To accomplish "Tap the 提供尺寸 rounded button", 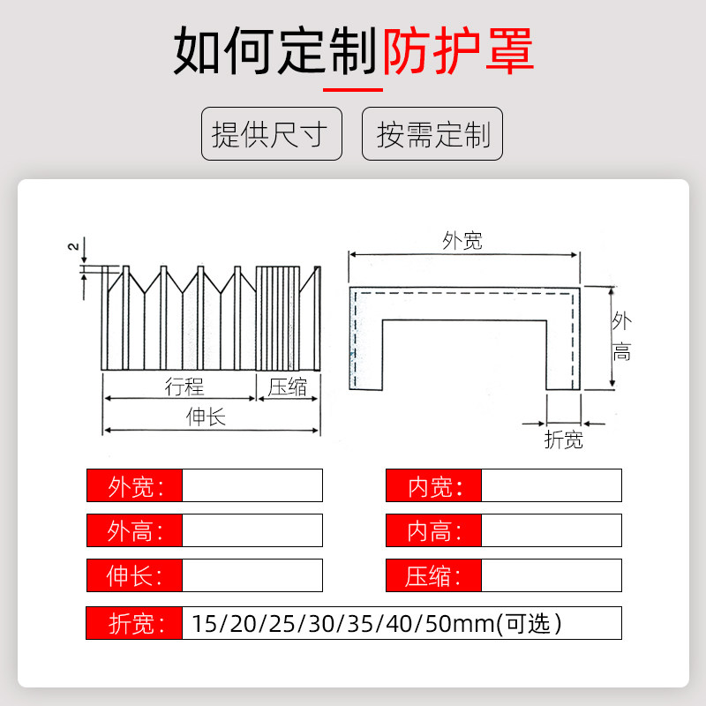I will click(271, 134).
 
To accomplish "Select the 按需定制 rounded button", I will click(432, 134).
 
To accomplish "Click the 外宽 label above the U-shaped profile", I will click(462, 240).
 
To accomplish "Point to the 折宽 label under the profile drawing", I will click(563, 439).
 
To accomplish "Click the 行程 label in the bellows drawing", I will click(184, 387).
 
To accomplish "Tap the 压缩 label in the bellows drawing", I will click(288, 387).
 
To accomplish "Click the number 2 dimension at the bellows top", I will click(73, 246).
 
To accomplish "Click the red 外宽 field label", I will click(134, 485).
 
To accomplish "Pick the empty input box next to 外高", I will click(252, 530).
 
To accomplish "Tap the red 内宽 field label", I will click(433, 485).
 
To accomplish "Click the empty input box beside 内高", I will click(552, 530).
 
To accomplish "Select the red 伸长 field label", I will click(134, 576).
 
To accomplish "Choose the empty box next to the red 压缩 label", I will click(552, 576).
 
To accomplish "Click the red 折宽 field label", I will click(134, 623).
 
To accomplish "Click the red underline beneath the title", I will click(352, 90).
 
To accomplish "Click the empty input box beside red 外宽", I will click(252, 485).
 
